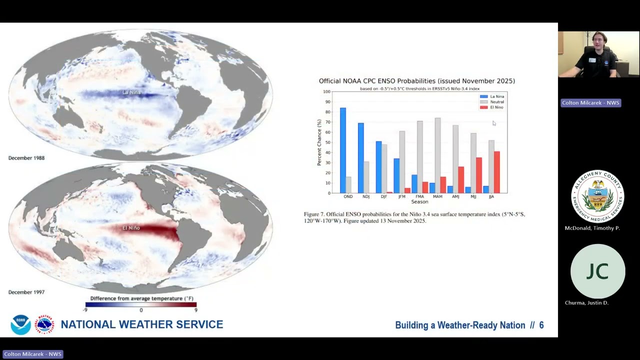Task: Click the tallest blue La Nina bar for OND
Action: pos(342,150)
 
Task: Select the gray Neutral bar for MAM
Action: pos(437,155)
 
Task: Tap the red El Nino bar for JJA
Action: pos(496,172)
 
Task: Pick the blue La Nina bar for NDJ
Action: pos(360,157)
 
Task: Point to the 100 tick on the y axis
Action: pos(326,92)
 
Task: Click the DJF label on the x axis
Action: pos(383,196)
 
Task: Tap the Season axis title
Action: pos(419,202)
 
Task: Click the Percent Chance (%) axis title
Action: pos(319,142)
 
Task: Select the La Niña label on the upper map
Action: pos(131,92)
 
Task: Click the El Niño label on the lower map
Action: pos(131,228)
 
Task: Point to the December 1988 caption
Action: pos(26,158)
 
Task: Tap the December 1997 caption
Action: pos(26,292)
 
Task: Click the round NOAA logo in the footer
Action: pos(20,325)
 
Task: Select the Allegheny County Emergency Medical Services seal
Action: pos(597,196)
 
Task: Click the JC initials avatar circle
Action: pos(597,271)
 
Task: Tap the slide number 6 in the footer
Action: pos(541,325)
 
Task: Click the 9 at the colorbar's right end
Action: pos(196,310)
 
